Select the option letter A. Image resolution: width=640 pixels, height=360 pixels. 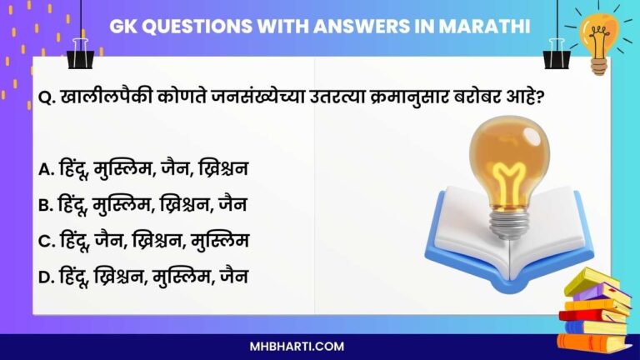pyautogui.click(x=47, y=169)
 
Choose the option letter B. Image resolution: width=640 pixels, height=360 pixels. pyautogui.click(x=47, y=204)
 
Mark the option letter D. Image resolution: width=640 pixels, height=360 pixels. pyautogui.click(x=47, y=276)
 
